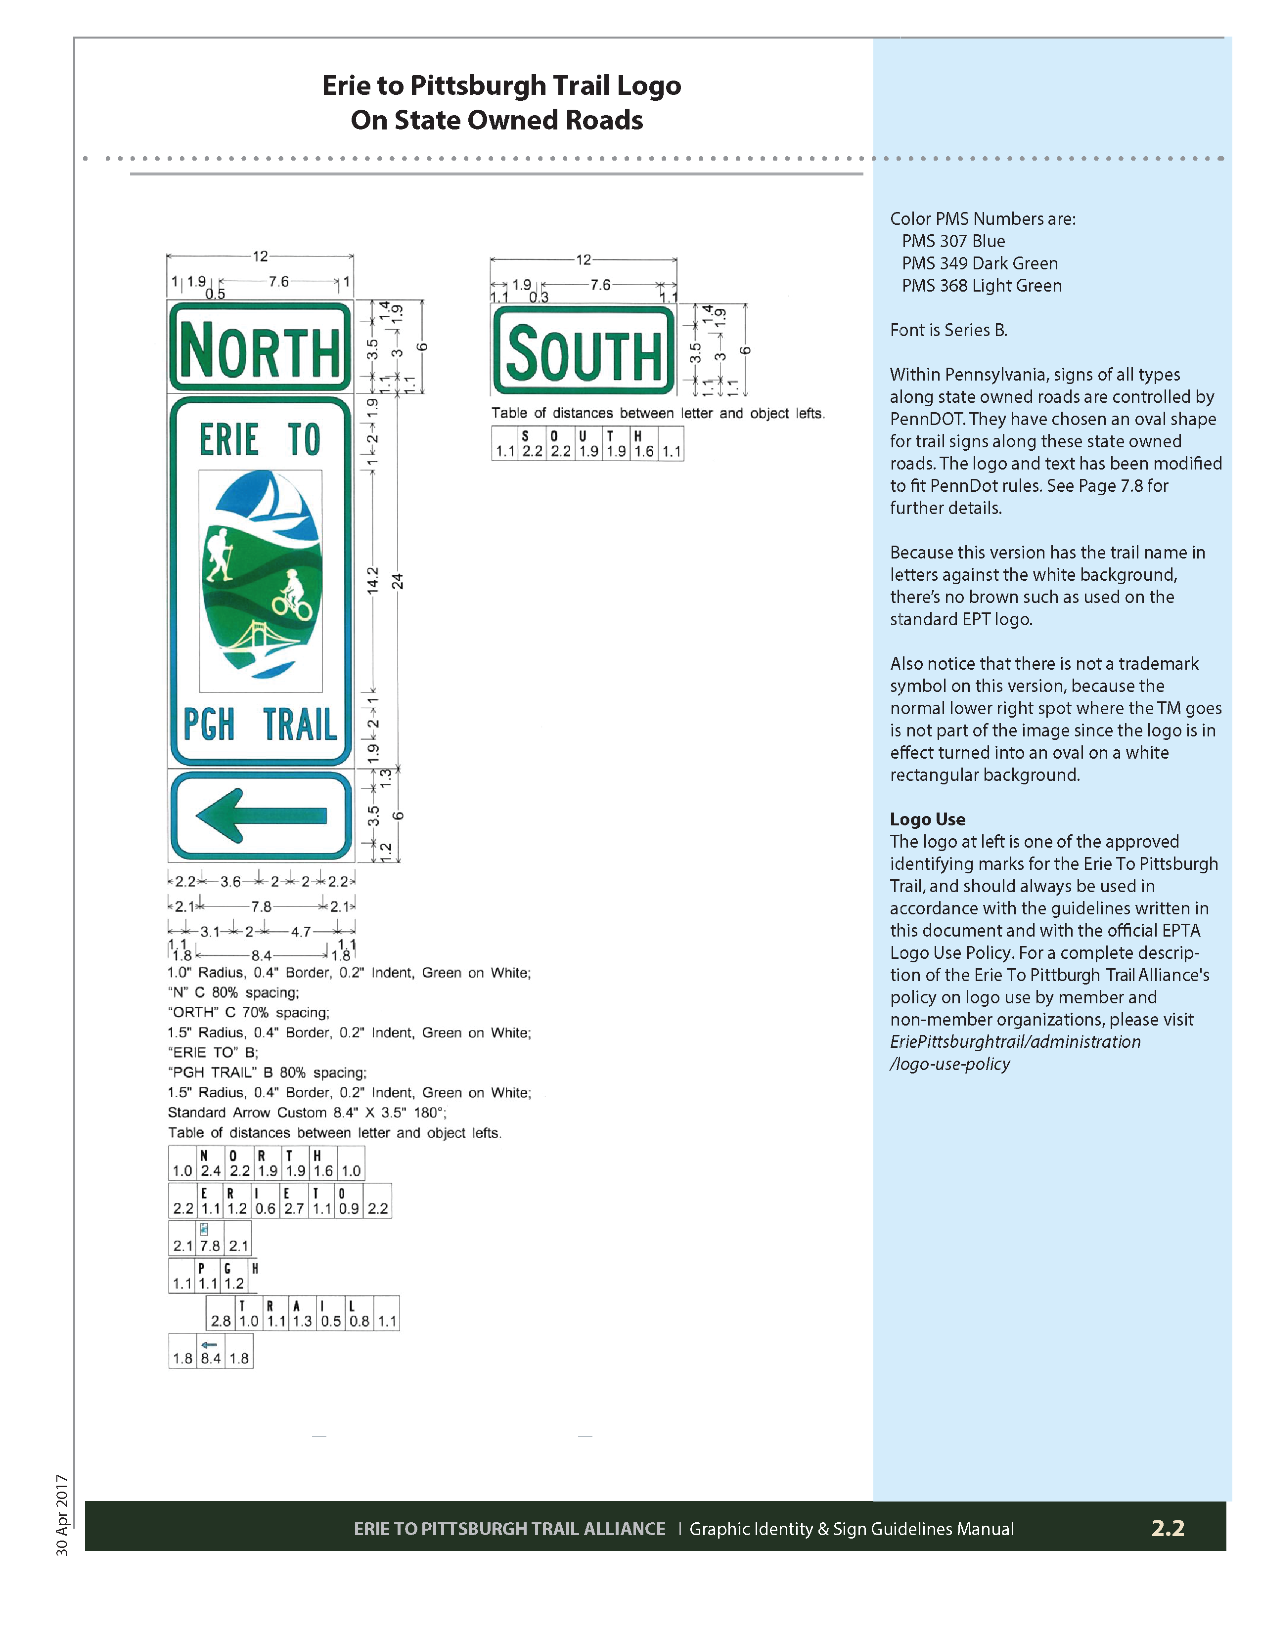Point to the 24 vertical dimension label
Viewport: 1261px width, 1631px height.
pos(398,581)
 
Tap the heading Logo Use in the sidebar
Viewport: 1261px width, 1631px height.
pos(927,819)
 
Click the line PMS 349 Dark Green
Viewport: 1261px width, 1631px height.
pos(979,263)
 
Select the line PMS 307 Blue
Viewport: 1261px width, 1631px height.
pos(953,241)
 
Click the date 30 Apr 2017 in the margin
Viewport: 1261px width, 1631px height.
pos(62,1515)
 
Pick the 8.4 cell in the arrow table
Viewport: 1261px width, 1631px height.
pos(211,1358)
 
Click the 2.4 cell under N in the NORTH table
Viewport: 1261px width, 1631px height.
pos(211,1171)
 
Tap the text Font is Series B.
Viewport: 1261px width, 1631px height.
pos(948,330)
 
